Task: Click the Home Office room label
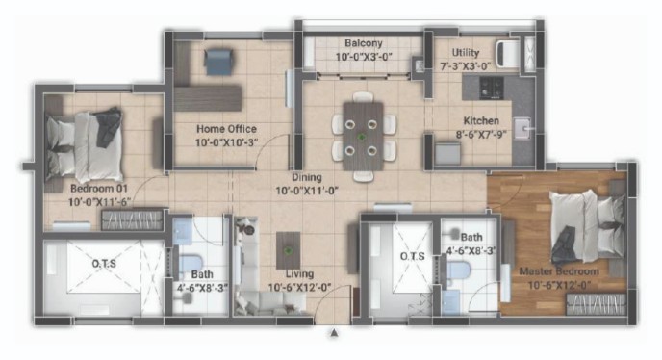tap(226, 128)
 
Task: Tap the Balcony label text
tap(364, 43)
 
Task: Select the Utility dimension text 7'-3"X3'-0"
tap(466, 66)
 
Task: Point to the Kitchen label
tap(481, 121)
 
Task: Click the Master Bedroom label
tap(559, 271)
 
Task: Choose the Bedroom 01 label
tap(99, 189)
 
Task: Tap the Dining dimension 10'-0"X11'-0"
tap(307, 192)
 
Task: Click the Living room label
tap(299, 274)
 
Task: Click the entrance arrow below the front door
tap(334, 333)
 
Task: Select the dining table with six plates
tap(363, 136)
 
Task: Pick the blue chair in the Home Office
tap(218, 62)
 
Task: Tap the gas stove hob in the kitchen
tap(492, 88)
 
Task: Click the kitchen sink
tap(523, 128)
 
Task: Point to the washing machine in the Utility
tap(508, 54)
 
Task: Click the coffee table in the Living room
tap(289, 250)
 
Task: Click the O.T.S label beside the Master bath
tap(413, 256)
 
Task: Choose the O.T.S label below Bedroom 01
tap(104, 264)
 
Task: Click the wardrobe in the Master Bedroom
tap(596, 304)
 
